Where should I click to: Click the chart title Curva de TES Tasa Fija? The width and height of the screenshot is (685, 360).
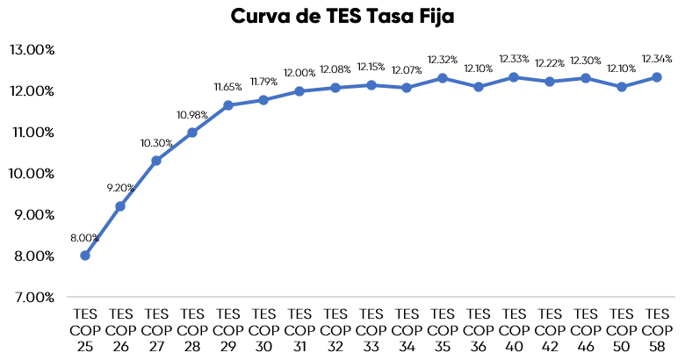tap(342, 16)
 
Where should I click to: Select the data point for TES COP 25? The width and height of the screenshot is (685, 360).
tap(85, 256)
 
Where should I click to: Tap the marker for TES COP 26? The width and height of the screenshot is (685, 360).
tap(120, 206)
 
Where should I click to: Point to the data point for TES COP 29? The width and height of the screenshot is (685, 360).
tap(228, 105)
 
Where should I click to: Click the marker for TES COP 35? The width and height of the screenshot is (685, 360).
tap(443, 78)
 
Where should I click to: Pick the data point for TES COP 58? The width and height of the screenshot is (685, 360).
tap(657, 77)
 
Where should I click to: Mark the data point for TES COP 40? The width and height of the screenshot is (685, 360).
tap(514, 77)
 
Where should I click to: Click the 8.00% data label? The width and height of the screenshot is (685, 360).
tap(85, 237)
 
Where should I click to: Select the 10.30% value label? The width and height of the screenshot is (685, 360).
tap(156, 143)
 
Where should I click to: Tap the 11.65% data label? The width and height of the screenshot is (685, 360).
tap(228, 87)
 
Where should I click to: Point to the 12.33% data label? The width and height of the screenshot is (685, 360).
tap(514, 59)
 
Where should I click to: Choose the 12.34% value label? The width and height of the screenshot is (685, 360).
tap(657, 59)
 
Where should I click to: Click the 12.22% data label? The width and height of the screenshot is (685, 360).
tap(550, 63)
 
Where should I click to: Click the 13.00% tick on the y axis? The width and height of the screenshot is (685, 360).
tap(32, 50)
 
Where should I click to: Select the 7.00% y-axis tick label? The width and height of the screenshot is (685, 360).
tap(33, 297)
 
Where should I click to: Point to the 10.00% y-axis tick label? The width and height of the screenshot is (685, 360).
tap(32, 173)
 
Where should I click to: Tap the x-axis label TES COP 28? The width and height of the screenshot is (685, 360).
tap(192, 328)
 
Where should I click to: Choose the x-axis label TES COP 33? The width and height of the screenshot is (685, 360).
tap(371, 328)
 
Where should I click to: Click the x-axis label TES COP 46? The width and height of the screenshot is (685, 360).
tap(585, 328)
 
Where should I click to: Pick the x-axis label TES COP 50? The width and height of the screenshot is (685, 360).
tap(621, 328)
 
